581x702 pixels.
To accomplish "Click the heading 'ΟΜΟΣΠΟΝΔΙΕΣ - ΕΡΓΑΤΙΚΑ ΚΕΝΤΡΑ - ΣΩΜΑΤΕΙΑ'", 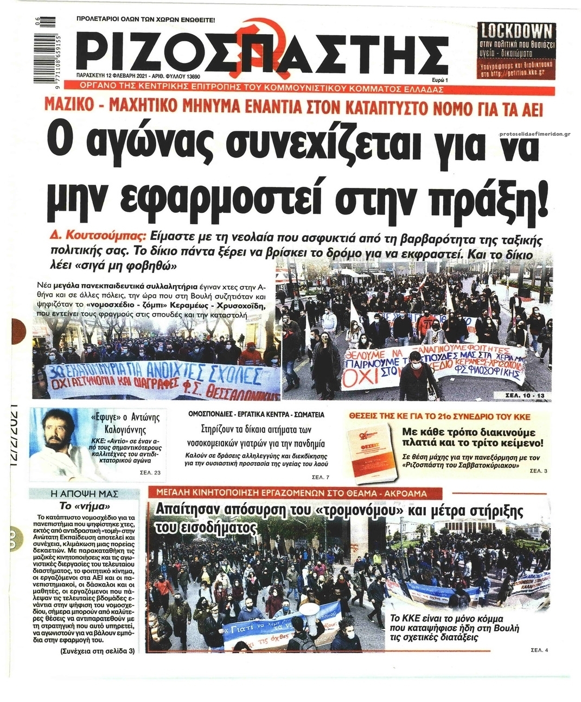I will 256,414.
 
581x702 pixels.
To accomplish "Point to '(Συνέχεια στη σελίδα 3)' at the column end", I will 97,651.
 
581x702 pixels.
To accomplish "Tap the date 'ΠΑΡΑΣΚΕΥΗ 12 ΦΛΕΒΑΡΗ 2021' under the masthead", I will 117,77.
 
